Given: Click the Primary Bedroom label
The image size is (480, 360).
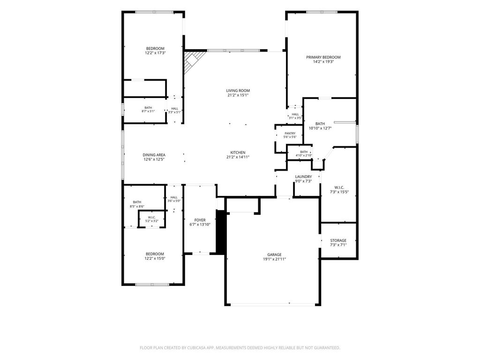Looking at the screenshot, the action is coord(323,57).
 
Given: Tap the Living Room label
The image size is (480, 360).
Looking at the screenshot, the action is coord(238,90).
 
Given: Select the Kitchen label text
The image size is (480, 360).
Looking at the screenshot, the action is coord(238,153).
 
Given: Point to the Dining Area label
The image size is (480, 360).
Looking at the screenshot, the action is coord(154,155).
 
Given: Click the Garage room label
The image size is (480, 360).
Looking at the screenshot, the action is coord(274,255).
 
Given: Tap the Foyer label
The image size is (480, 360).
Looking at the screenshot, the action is coord(200,220).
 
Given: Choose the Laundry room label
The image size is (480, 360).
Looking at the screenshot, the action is coord(303,177).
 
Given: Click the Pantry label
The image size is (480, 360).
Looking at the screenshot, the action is coord(290,134).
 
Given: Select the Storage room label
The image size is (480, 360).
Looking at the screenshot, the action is coord(338,240).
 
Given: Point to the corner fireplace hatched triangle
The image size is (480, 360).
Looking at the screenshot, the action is coord(191,61).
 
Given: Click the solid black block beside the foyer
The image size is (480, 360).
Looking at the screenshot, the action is coord(221,232).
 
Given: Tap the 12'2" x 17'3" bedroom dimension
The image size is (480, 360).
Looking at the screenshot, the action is coord(155,53).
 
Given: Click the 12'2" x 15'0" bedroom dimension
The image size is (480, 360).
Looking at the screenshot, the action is coord(155,258).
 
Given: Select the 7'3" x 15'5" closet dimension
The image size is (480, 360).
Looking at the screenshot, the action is coord(339,192).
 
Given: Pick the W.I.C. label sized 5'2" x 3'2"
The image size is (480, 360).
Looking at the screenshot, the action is coord(152,217).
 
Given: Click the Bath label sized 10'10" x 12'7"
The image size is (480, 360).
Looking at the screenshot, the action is coord(320,124).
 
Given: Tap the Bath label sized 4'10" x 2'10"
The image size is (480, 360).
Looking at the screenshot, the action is coord(304,152).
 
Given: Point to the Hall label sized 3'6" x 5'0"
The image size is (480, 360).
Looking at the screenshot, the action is coord(174,197).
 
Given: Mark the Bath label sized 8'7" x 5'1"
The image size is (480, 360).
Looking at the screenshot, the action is coord(148,108).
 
